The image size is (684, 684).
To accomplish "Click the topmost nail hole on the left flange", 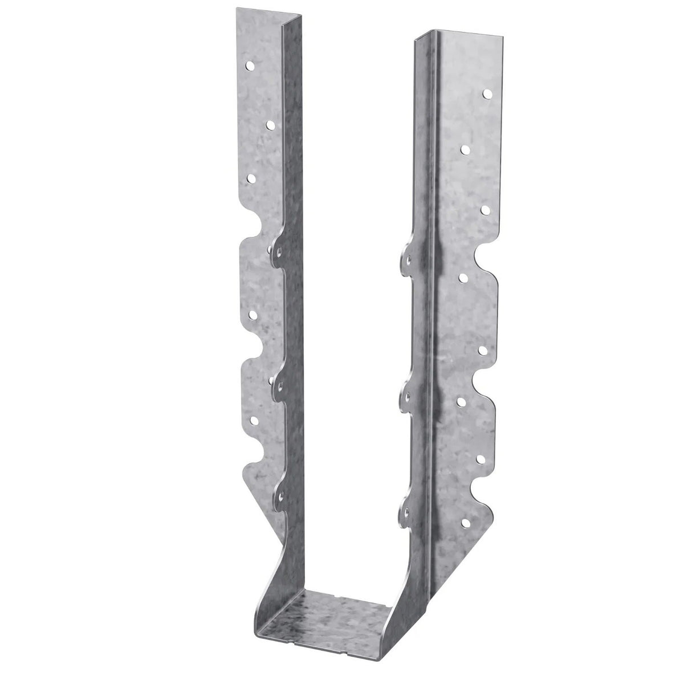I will (x=250, y=66).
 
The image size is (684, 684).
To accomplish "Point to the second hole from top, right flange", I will (x=465, y=149).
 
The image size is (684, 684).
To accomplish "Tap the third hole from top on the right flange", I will (x=485, y=210).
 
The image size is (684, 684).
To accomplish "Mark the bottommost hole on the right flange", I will (x=466, y=522).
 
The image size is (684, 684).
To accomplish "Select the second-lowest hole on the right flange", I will (x=483, y=458).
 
